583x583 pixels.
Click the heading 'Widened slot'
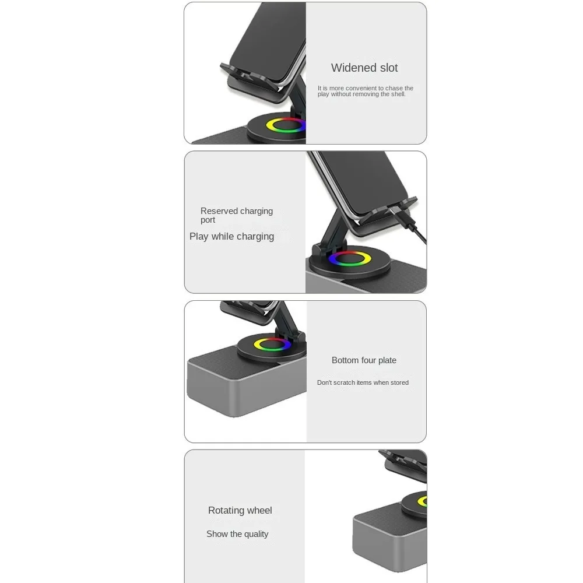coord(364,68)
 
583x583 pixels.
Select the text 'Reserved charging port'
coord(237,215)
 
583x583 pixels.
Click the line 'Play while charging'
coord(231,237)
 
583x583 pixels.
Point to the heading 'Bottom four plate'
coord(364,360)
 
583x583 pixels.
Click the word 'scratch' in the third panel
coord(345,382)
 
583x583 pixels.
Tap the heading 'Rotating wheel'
coord(240,511)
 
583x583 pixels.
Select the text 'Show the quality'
coord(237,534)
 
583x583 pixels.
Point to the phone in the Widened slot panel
coord(268,41)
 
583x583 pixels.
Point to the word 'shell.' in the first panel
coord(398,94)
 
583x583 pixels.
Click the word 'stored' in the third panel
coord(400,382)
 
